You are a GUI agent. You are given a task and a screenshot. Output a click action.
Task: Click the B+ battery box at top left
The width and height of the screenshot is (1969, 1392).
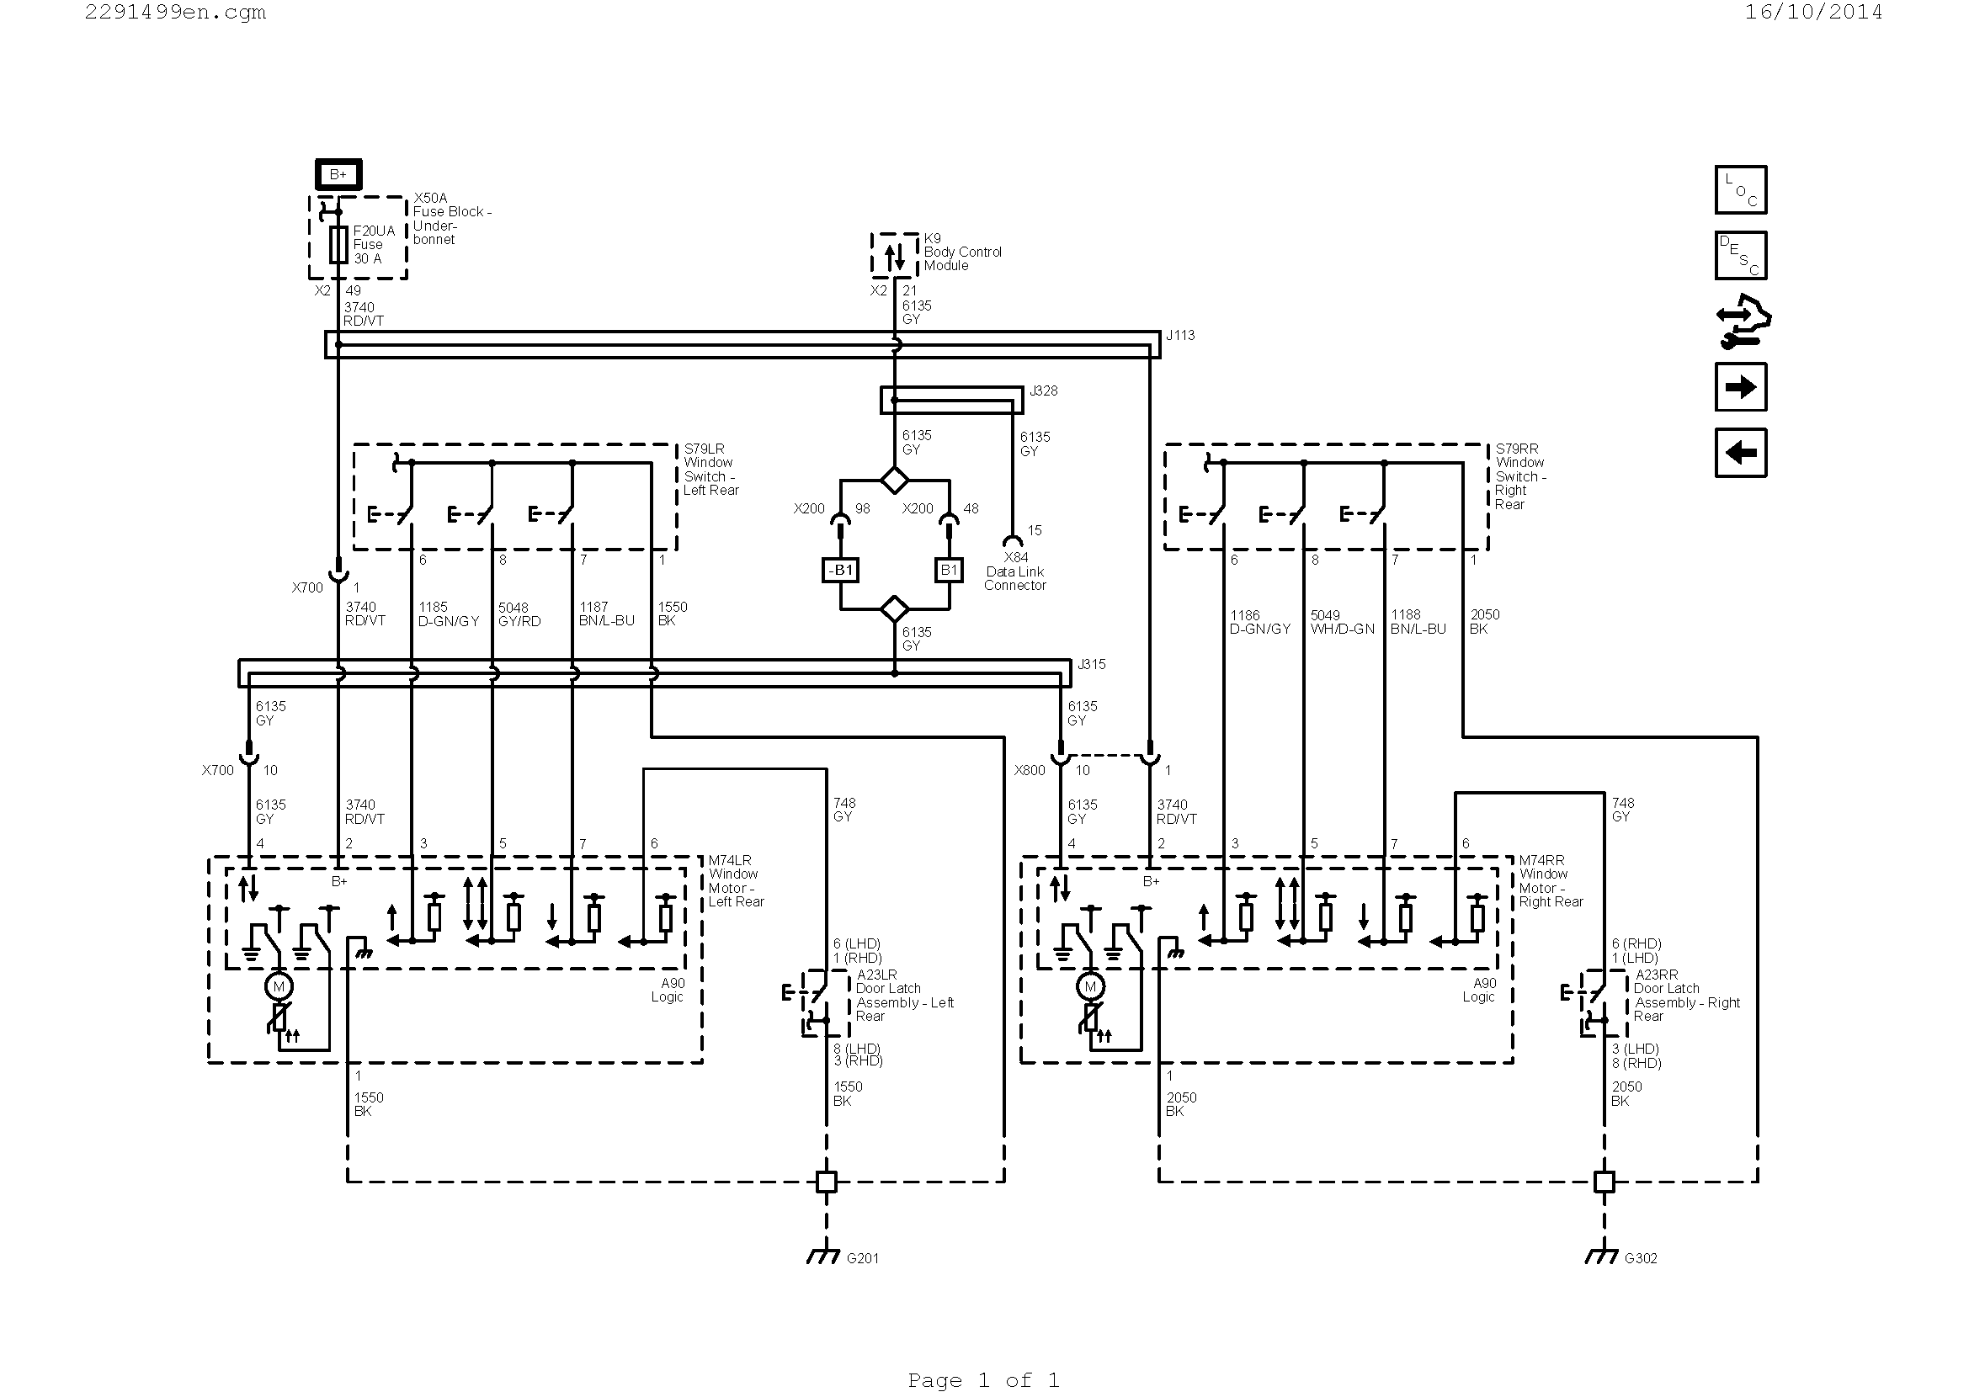tap(338, 174)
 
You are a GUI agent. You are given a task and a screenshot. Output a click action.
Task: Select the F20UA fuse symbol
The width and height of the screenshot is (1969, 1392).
tap(338, 245)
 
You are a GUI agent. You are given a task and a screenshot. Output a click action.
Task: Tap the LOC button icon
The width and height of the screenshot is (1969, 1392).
tap(1741, 189)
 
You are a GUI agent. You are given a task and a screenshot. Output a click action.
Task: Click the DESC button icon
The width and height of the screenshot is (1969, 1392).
tap(1741, 256)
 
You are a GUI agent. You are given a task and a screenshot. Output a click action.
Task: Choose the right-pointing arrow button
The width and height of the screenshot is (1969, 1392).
tap(1741, 387)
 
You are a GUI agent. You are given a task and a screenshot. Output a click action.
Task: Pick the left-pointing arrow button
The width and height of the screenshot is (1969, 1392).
tap(1741, 453)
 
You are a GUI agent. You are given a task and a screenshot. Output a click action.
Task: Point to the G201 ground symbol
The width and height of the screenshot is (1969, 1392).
tap(823, 1257)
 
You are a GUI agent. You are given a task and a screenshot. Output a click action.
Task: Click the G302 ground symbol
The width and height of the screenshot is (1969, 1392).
tap(1601, 1257)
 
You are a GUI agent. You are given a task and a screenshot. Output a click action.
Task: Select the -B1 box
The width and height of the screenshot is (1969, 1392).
tap(840, 570)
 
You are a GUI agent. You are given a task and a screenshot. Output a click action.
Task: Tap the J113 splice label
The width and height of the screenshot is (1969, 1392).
tap(1180, 335)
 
